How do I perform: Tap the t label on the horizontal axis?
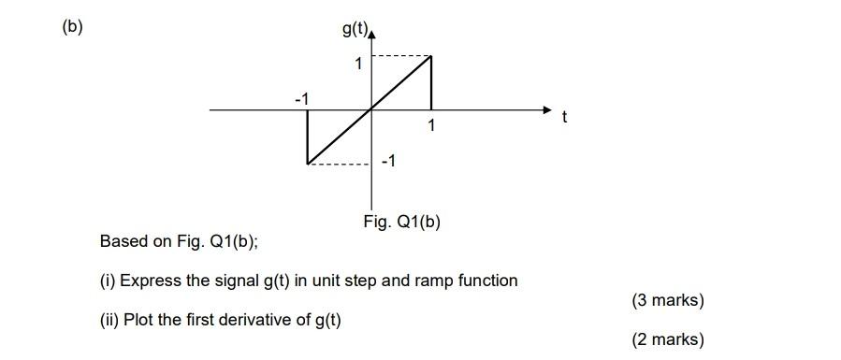click(x=564, y=118)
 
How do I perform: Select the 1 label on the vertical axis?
click(x=356, y=65)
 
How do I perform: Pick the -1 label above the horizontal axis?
click(x=302, y=97)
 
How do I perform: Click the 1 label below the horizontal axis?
click(x=431, y=124)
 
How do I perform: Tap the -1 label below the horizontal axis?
click(x=388, y=162)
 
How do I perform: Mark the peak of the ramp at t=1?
click(x=431, y=56)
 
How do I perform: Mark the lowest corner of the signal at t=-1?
click(x=308, y=164)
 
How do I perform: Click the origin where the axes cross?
click(x=372, y=109)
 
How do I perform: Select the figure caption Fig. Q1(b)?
click(x=401, y=223)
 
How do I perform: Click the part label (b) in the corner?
click(x=72, y=26)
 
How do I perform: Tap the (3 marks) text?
click(x=668, y=300)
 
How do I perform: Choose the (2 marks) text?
click(x=668, y=339)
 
